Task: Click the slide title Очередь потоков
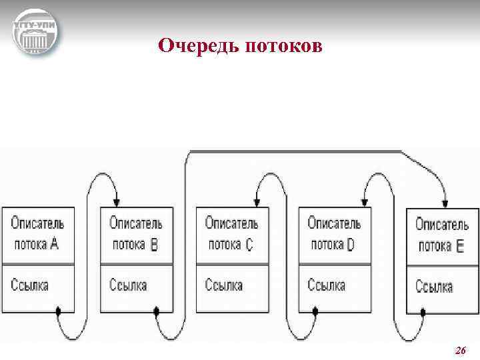coord(241,46)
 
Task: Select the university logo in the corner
coord(35,33)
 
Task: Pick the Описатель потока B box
coord(136,235)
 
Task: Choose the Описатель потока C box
coord(232,235)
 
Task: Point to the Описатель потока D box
coord(335,235)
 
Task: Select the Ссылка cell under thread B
coord(136,287)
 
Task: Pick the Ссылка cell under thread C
coord(232,287)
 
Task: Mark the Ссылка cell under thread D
coord(335,287)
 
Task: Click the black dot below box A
coord(59,311)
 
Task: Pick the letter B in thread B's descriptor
coord(155,245)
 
